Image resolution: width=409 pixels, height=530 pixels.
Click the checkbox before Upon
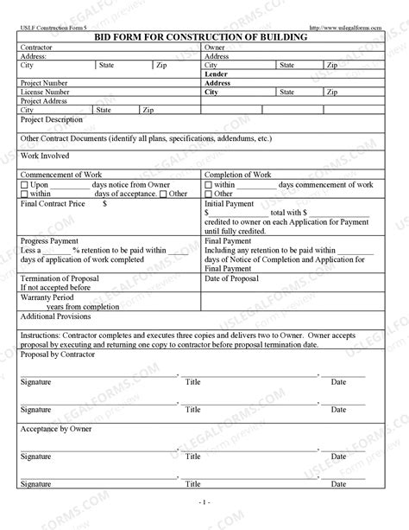click(x=23, y=185)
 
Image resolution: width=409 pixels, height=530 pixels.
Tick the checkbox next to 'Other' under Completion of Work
click(x=208, y=194)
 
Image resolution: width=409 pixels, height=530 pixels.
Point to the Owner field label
click(x=215, y=49)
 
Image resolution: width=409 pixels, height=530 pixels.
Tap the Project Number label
click(x=43, y=83)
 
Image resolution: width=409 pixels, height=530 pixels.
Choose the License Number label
click(x=45, y=92)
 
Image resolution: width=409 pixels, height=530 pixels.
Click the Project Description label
click(x=51, y=119)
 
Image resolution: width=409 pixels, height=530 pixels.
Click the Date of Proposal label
click(x=232, y=278)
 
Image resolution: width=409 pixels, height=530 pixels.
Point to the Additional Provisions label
click(x=55, y=316)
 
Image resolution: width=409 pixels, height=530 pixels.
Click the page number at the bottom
click(x=204, y=501)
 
